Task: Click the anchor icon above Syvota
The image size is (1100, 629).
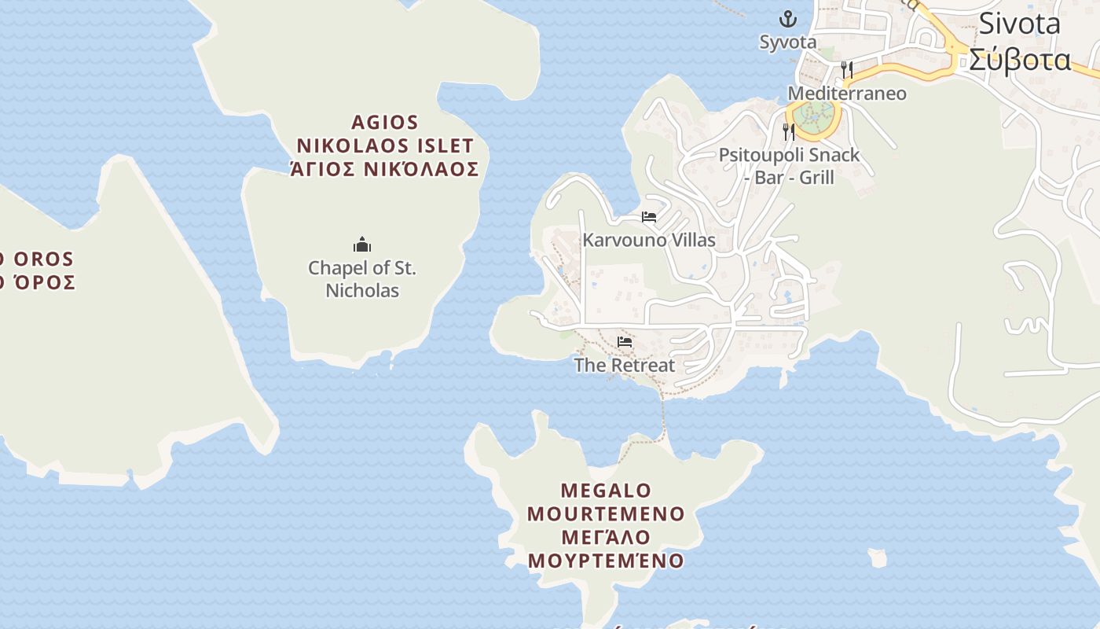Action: click(x=787, y=18)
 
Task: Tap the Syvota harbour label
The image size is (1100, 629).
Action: click(x=787, y=42)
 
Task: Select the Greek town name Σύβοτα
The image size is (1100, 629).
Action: click(x=1019, y=60)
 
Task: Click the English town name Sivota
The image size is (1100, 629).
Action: click(x=1019, y=24)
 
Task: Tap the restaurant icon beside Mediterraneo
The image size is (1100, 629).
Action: click(x=846, y=70)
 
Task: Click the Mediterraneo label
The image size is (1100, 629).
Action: click(x=846, y=94)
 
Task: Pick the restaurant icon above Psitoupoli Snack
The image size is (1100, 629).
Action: click(x=789, y=131)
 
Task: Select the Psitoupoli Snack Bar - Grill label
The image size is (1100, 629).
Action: click(x=789, y=166)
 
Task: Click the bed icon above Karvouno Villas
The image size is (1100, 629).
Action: click(x=648, y=216)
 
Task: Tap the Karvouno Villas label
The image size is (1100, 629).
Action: click(x=648, y=240)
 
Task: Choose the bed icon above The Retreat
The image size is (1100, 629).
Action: click(x=625, y=341)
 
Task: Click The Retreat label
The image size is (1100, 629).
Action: click(x=624, y=365)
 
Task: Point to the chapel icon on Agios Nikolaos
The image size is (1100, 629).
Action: click(x=362, y=245)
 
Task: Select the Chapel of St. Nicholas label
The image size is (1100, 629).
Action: click(x=362, y=279)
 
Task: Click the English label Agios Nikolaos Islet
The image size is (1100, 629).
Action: click(x=384, y=134)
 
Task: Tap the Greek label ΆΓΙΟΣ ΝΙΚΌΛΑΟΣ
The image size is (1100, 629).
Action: click(x=384, y=169)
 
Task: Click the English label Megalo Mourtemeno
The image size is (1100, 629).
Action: click(x=605, y=502)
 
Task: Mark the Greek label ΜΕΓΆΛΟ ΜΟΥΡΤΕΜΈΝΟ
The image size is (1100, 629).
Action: click(x=605, y=549)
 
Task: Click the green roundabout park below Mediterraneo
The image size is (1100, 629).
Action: click(x=812, y=118)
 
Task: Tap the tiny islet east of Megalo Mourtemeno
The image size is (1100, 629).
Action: click(x=877, y=558)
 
